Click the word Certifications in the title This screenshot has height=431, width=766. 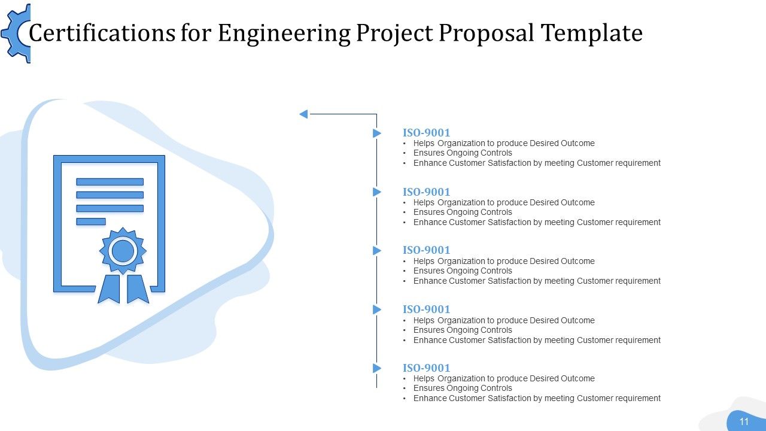tap(102, 34)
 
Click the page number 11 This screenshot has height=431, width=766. tap(744, 421)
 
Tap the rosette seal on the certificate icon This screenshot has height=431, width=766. tap(123, 251)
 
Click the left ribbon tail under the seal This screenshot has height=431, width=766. tap(109, 289)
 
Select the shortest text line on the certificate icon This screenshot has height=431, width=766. tap(91, 221)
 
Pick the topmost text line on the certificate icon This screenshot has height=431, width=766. tap(110, 181)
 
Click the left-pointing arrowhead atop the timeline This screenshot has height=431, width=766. tap(303, 114)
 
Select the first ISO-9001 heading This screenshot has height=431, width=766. tap(426, 133)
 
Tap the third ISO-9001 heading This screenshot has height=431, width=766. tap(426, 250)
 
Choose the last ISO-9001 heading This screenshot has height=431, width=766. tap(426, 368)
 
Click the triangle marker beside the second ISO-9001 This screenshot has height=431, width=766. tap(377, 192)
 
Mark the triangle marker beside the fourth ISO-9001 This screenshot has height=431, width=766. tap(377, 309)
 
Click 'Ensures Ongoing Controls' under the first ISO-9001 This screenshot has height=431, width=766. tap(463, 153)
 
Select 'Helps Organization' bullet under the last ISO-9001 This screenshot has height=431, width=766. tap(504, 378)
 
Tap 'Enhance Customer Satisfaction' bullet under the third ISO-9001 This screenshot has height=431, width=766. tap(537, 281)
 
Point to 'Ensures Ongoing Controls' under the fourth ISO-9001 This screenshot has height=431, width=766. tap(463, 330)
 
